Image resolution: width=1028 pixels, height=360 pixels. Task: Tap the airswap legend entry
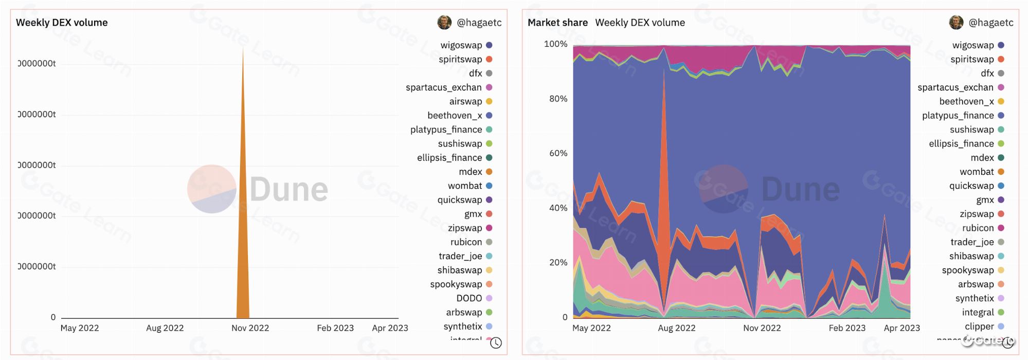(465, 101)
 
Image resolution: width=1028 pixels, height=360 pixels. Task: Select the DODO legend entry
(469, 298)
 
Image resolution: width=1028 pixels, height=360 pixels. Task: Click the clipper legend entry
(979, 326)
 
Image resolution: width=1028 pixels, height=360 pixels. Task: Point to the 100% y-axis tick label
(555, 44)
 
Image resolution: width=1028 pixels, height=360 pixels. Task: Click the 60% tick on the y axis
(558, 153)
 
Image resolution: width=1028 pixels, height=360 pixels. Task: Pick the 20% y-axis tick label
(558, 262)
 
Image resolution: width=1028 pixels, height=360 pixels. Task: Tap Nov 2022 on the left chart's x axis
(250, 328)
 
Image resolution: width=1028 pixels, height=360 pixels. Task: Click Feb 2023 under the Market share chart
(847, 328)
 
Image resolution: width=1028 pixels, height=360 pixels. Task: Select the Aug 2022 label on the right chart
(676, 328)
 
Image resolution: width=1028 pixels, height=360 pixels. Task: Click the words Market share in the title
(557, 23)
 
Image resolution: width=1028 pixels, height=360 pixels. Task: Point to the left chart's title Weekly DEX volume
(62, 23)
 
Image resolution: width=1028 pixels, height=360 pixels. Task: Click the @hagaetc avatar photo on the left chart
(444, 22)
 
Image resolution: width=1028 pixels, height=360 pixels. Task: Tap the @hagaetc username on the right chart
(990, 23)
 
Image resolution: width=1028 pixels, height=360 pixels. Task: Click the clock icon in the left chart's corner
(496, 343)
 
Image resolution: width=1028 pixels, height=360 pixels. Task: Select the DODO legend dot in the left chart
(489, 298)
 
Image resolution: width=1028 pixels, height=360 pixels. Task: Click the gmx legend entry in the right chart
(985, 200)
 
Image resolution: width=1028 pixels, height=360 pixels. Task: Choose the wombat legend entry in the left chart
(465, 186)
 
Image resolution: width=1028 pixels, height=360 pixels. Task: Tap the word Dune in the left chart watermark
(288, 190)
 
